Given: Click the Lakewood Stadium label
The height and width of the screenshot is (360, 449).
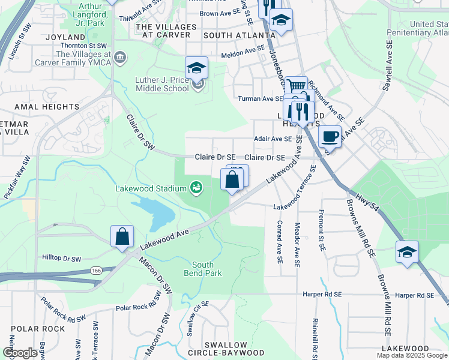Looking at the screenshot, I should [x=151, y=188].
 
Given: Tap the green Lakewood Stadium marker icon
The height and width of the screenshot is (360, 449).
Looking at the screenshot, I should [x=196, y=188].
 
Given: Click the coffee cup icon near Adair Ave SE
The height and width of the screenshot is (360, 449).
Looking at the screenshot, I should [x=329, y=136].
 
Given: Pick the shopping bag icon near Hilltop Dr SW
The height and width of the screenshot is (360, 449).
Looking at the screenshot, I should [x=122, y=236].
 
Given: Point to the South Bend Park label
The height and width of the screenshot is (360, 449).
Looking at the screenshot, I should [x=207, y=269].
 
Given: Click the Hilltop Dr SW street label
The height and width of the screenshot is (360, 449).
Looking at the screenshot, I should [x=61, y=259].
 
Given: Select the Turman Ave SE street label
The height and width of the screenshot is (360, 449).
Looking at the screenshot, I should [x=260, y=98].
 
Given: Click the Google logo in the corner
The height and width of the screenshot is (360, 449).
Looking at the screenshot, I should [x=20, y=352].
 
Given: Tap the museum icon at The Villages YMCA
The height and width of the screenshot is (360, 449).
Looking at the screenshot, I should [x=120, y=58].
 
